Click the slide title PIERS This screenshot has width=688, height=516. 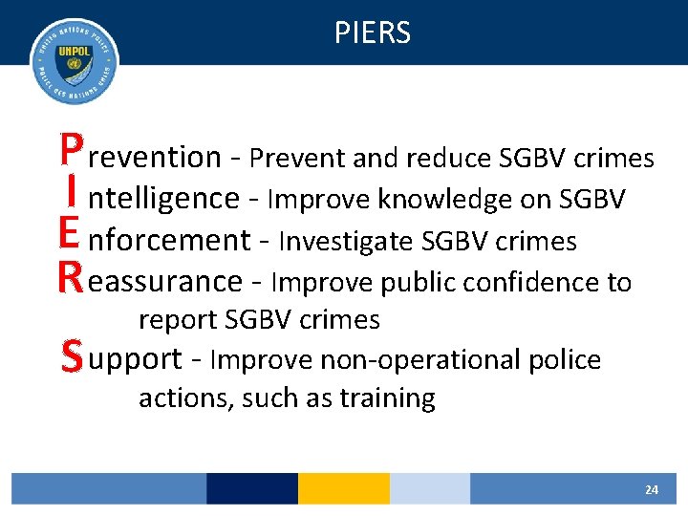pyautogui.click(x=372, y=33)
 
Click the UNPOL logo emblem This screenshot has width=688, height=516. pyautogui.click(x=75, y=62)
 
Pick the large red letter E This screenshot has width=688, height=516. pyautogui.click(x=69, y=236)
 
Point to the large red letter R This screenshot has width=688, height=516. pyautogui.click(x=69, y=278)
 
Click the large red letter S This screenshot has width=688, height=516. pyautogui.click(x=69, y=357)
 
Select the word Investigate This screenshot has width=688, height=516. pyautogui.click(x=347, y=242)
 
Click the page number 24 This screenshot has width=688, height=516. pyautogui.click(x=651, y=489)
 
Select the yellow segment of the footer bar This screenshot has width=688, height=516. pyautogui.click(x=343, y=488)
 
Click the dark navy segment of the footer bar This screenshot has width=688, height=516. pyautogui.click(x=251, y=488)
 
